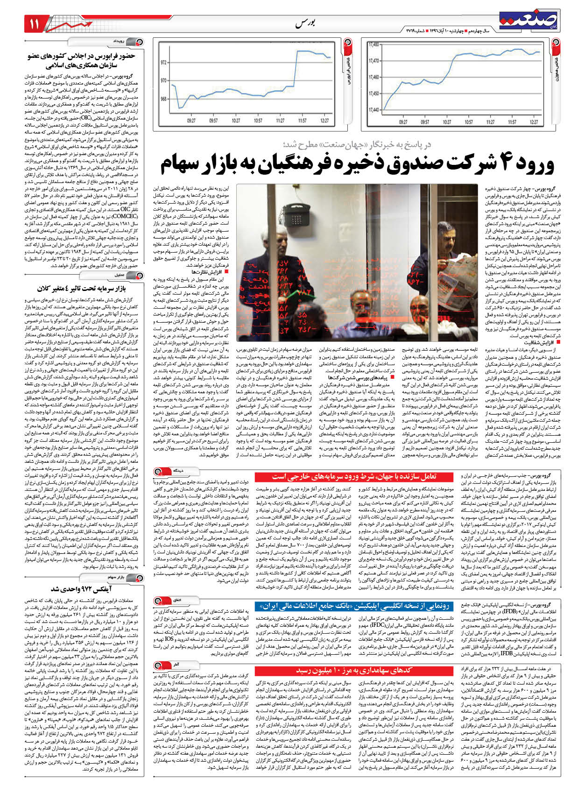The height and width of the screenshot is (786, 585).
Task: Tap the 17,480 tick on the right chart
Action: [x=374, y=45]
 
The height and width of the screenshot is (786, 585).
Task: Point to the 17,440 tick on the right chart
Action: [x=374, y=110]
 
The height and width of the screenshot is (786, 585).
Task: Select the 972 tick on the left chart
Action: [x=164, y=62]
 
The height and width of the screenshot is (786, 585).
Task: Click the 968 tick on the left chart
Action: [x=164, y=99]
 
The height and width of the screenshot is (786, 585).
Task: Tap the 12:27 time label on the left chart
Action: [x=324, y=120]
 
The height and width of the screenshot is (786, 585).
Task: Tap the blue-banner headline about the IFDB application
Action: [x=355, y=606]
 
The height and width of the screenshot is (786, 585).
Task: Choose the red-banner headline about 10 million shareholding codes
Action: [x=355, y=671]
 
